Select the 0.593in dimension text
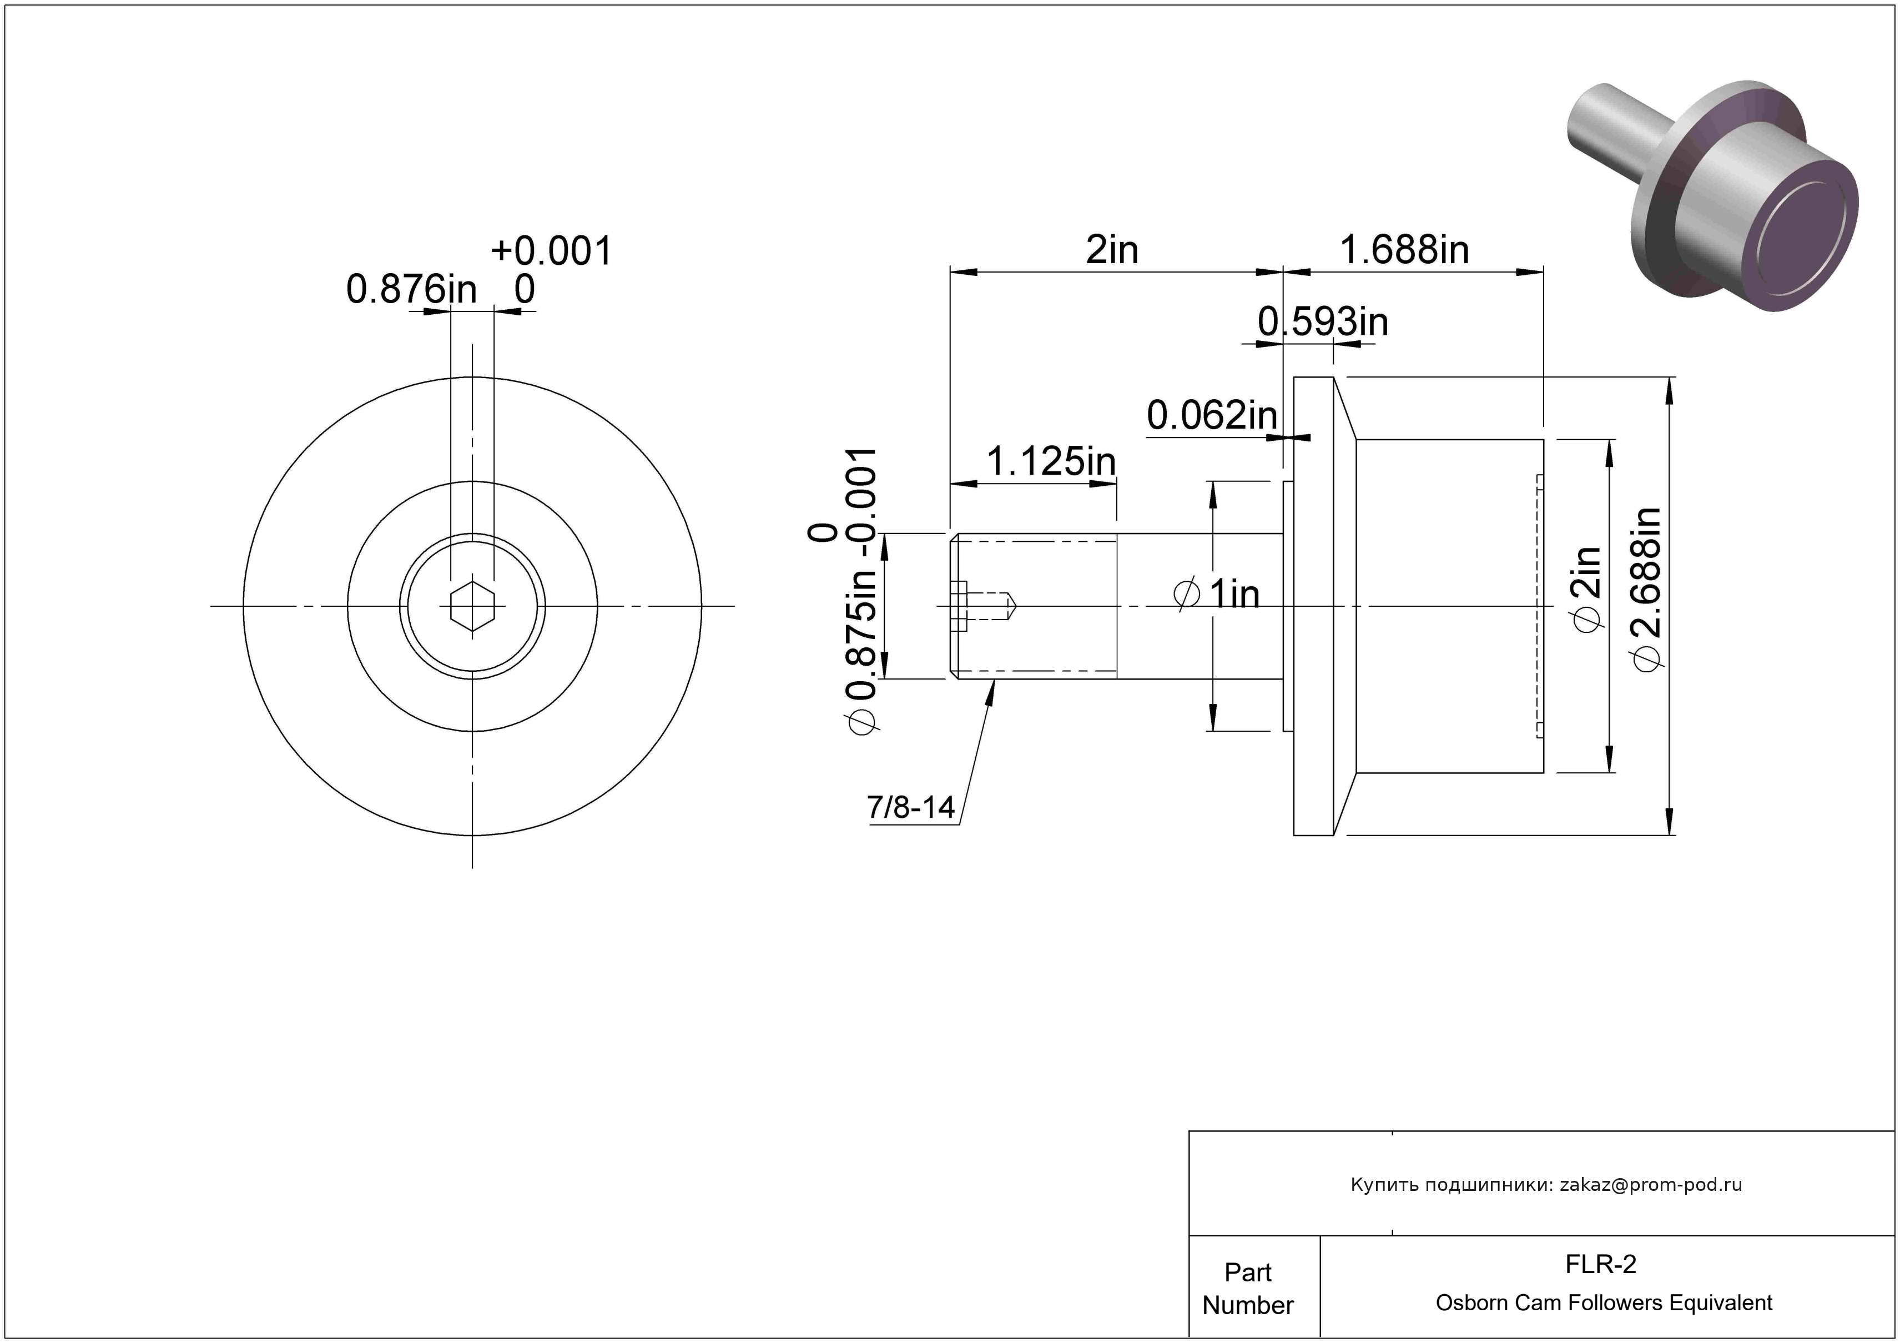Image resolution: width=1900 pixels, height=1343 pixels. pos(1322,322)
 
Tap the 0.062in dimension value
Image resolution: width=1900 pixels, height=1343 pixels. pos(1212,415)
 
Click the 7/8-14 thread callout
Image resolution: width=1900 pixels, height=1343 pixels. pos(911,807)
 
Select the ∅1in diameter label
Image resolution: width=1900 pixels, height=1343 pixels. pos(1217,594)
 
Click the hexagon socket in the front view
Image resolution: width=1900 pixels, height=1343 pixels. pos(472,606)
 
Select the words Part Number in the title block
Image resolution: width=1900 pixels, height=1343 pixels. pos(1248,1289)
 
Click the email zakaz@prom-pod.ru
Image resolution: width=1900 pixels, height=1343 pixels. pos(1651,1185)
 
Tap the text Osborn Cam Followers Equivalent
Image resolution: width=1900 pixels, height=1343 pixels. pos(1604,1302)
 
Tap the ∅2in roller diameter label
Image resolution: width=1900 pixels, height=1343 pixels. pos(1586,589)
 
